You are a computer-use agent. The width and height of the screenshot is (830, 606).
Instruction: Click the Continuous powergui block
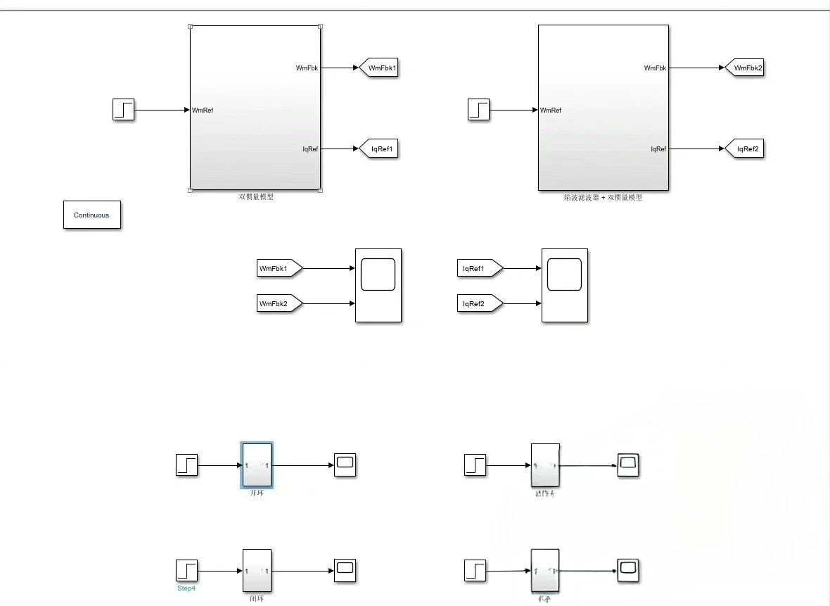tap(91, 215)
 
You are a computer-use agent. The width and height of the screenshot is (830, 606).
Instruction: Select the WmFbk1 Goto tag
tap(380, 68)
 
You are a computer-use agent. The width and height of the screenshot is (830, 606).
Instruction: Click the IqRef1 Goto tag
tap(380, 149)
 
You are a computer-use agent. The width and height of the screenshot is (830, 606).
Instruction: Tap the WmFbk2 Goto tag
tap(745, 68)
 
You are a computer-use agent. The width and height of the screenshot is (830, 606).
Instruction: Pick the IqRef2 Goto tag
tap(745, 149)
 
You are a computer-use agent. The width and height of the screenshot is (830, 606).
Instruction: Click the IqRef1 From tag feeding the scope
tap(480, 268)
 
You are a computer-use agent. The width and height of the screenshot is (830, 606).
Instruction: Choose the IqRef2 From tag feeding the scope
tap(480, 304)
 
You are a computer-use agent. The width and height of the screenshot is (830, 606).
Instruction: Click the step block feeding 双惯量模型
tap(123, 110)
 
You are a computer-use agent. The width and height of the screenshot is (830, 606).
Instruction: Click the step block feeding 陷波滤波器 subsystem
tap(478, 110)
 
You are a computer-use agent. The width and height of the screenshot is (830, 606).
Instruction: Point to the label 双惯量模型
tap(256, 197)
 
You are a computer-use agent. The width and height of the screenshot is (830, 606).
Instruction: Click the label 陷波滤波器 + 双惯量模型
tap(603, 198)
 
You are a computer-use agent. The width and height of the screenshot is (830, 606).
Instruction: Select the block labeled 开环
tap(257, 465)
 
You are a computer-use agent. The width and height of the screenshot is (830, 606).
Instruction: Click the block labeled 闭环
tap(257, 570)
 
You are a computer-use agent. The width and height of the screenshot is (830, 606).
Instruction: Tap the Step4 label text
tap(186, 588)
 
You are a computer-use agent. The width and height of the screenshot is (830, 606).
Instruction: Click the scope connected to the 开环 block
tap(345, 465)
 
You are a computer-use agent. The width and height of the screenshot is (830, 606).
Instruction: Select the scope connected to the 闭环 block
tap(345, 569)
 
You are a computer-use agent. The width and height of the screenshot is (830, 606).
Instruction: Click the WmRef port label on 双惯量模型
tap(203, 110)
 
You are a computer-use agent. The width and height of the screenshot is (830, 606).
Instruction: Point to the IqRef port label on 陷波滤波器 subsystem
tap(658, 149)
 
